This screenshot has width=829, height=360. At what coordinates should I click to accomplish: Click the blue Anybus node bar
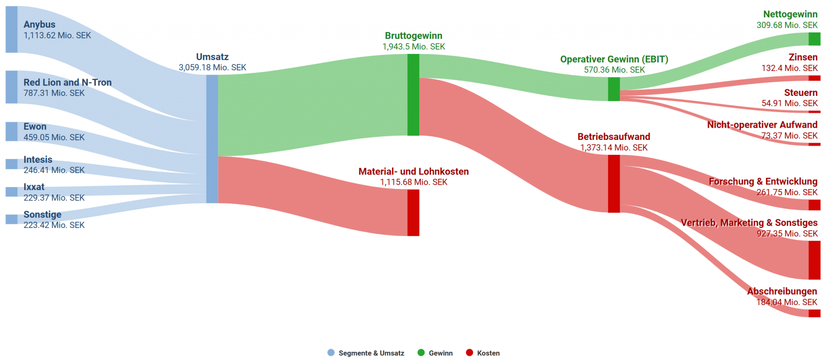pos(12,29)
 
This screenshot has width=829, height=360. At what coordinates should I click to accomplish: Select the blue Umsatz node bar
pos(212,139)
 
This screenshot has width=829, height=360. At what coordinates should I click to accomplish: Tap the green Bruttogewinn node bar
pos(413,95)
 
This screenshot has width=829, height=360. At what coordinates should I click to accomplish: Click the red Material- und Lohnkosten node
pos(413,213)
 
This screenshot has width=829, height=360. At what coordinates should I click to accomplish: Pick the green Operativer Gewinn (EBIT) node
pos(614,89)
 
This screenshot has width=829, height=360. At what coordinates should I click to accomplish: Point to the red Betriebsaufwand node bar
pos(614,184)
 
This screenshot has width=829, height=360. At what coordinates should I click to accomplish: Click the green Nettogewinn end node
pos(814,39)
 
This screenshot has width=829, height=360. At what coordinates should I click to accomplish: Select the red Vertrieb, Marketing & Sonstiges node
pos(814,260)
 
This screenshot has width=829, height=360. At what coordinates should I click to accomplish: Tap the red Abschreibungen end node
pos(814,313)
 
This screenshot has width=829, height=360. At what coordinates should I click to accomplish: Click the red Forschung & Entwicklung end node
pos(814,205)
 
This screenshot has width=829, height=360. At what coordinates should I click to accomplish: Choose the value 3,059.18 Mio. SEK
pos(212,68)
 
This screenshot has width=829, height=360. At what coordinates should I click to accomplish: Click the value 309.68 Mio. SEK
pos(787,25)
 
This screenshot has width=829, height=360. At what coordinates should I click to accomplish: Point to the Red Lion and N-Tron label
pos(67,82)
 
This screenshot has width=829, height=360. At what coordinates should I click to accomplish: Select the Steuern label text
pos(801,93)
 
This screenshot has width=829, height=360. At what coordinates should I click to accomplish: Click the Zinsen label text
pos(803,57)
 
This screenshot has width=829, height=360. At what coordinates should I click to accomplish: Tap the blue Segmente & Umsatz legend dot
pos(331,353)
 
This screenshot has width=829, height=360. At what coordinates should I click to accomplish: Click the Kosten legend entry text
pos(488,353)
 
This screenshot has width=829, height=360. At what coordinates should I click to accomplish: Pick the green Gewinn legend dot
pos(421,353)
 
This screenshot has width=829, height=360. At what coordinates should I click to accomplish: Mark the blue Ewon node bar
pos(12,132)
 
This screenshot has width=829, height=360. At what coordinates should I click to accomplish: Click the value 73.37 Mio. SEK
pos(789,136)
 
